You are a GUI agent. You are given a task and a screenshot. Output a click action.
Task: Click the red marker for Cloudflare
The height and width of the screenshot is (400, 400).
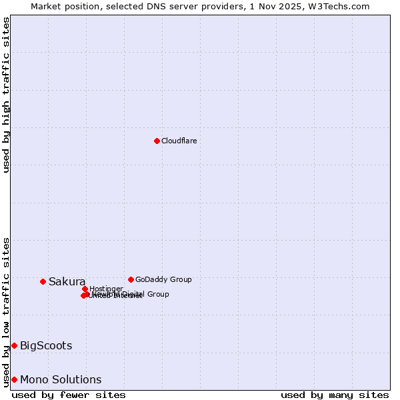click(x=157, y=141)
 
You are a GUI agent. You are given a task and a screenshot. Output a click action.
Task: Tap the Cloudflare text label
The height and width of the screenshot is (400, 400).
click(x=179, y=141)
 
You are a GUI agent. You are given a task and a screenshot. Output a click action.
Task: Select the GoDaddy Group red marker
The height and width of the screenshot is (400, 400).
click(x=131, y=279)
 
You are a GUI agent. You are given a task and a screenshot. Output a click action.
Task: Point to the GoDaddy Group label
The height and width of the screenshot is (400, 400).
click(x=163, y=279)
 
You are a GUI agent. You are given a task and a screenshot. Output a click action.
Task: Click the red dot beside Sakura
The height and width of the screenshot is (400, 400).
click(x=43, y=281)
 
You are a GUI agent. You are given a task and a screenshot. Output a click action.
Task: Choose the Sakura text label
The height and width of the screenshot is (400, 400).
click(x=67, y=281)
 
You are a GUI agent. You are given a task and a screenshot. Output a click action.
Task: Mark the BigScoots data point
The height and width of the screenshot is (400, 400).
click(x=14, y=345)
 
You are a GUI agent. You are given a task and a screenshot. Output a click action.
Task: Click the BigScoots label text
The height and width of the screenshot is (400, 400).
click(x=46, y=345)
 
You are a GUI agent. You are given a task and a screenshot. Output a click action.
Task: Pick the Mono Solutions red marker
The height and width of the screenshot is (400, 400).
click(x=14, y=379)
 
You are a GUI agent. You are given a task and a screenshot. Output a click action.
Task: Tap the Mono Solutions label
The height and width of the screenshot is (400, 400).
click(x=61, y=379)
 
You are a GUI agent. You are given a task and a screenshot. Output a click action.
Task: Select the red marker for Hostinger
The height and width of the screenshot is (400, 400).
click(x=85, y=289)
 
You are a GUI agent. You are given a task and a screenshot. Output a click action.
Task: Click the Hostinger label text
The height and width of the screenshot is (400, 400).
click(x=106, y=289)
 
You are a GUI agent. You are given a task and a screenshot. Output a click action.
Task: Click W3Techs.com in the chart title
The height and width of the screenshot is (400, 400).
click(x=342, y=6)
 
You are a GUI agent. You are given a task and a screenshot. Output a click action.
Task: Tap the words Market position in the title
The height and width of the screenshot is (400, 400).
click(x=62, y=6)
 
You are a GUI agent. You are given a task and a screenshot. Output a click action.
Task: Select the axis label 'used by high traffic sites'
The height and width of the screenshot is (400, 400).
click(x=6, y=95)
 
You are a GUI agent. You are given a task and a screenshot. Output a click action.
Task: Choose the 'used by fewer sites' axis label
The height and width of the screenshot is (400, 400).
click(x=69, y=395)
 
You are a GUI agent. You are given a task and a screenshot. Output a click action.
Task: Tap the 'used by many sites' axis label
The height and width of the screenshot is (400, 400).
click(x=334, y=395)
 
